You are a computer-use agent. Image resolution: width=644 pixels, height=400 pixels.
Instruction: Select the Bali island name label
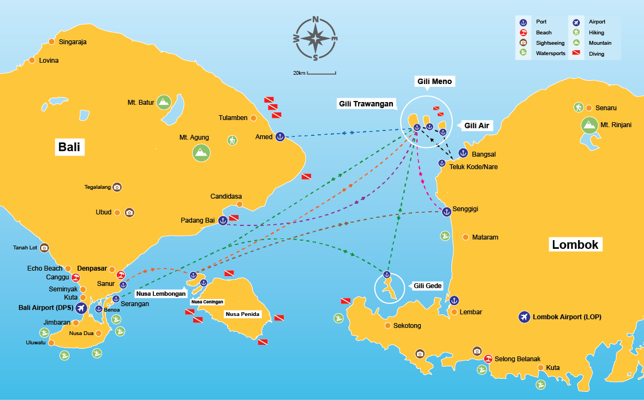tap(71, 147)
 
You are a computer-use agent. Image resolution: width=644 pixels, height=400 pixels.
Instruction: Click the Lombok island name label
tap(575, 244)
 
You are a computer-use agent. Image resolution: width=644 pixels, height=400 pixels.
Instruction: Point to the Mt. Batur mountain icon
tap(163, 102)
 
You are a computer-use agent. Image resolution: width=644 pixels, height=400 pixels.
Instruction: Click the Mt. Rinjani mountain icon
tap(589, 125)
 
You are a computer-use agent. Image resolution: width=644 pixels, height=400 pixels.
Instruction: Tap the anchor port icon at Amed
tap(279, 136)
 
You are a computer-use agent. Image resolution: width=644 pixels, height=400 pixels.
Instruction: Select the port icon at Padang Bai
tap(222, 220)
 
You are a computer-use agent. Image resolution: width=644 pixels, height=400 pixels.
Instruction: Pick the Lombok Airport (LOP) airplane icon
tap(524, 317)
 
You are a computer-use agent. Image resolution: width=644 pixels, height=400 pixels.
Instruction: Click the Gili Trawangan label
tap(366, 104)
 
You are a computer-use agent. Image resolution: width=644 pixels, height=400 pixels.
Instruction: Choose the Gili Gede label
tap(427, 286)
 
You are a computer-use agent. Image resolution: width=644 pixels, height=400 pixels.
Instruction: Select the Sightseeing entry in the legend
tap(536, 43)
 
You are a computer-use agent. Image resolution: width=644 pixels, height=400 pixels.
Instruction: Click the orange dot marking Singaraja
tap(52, 41)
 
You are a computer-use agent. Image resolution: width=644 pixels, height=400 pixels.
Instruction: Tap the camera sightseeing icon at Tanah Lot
tap(44, 248)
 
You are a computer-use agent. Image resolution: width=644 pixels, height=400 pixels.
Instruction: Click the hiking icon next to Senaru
tap(579, 108)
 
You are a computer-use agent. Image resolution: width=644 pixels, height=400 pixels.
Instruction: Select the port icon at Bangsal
tap(463, 153)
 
